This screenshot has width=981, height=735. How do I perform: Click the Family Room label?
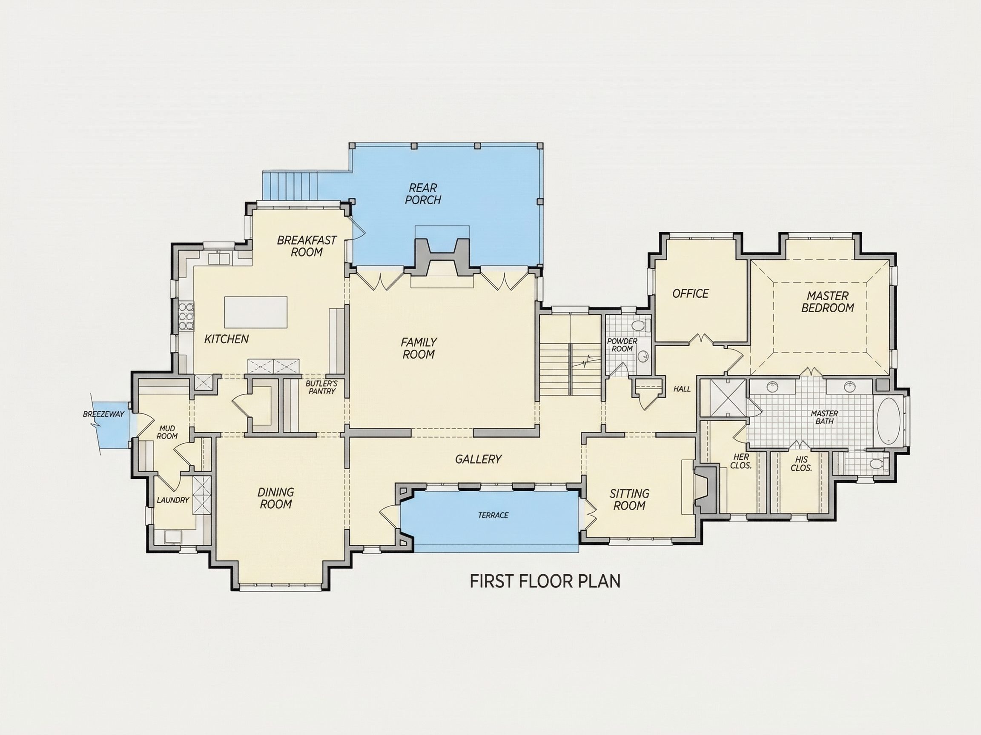pyautogui.click(x=418, y=348)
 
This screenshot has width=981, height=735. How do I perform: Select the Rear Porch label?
pyautogui.click(x=423, y=194)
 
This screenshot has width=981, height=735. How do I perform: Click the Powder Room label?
pyautogui.click(x=622, y=345)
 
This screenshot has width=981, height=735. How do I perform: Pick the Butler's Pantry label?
pyautogui.click(x=321, y=387)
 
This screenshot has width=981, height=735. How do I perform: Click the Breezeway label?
pyautogui.click(x=103, y=414)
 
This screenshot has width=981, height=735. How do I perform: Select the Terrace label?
pyautogui.click(x=493, y=515)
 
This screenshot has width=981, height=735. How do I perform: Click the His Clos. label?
pyautogui.click(x=801, y=464)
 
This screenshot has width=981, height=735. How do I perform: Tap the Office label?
pyautogui.click(x=691, y=293)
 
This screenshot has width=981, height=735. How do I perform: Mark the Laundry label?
pyautogui.click(x=173, y=500)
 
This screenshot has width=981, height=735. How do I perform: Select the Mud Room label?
pyautogui.click(x=167, y=432)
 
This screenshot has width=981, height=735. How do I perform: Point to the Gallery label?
pyautogui.click(x=478, y=459)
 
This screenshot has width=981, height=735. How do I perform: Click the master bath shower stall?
pyautogui.click(x=724, y=397)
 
